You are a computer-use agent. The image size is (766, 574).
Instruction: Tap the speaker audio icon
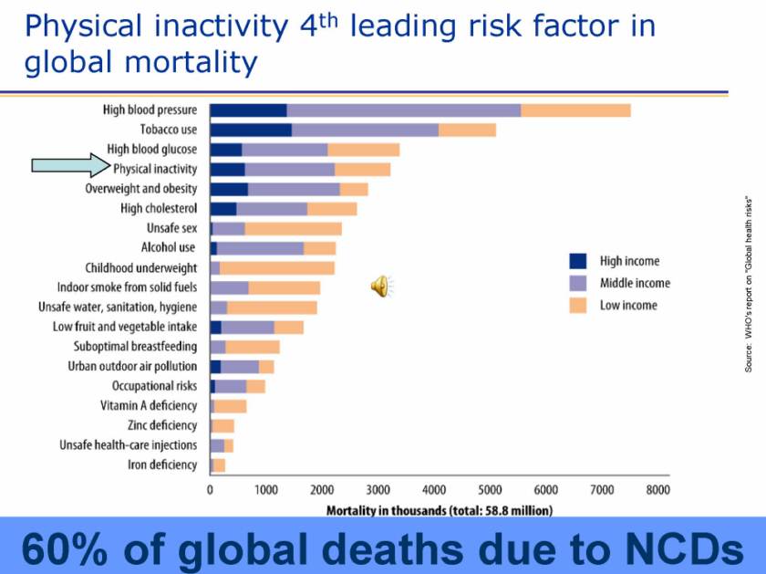pos(380,287)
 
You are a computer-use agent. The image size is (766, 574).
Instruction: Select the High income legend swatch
pos(576,261)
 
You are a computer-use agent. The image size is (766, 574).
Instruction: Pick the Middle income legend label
pos(634,283)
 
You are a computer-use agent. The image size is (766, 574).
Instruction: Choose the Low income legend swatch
pos(576,305)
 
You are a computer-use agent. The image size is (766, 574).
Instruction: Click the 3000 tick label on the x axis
pos(378,490)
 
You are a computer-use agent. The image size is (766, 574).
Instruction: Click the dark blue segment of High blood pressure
pos(248,110)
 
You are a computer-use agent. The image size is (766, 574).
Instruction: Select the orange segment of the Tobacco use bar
pos(467,130)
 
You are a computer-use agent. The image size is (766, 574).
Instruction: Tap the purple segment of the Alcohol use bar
pos(260,247)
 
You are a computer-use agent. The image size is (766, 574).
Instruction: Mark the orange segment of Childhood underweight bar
pos(277,267)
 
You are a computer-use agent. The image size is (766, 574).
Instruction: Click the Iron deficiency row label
pos(161,464)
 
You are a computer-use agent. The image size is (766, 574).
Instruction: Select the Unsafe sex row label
pos(171,228)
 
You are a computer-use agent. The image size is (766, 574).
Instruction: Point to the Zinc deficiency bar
pos(223,425)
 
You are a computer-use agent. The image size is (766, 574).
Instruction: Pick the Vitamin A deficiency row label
pos(148,406)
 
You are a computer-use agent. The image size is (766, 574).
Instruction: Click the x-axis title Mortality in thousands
pos(439,510)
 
